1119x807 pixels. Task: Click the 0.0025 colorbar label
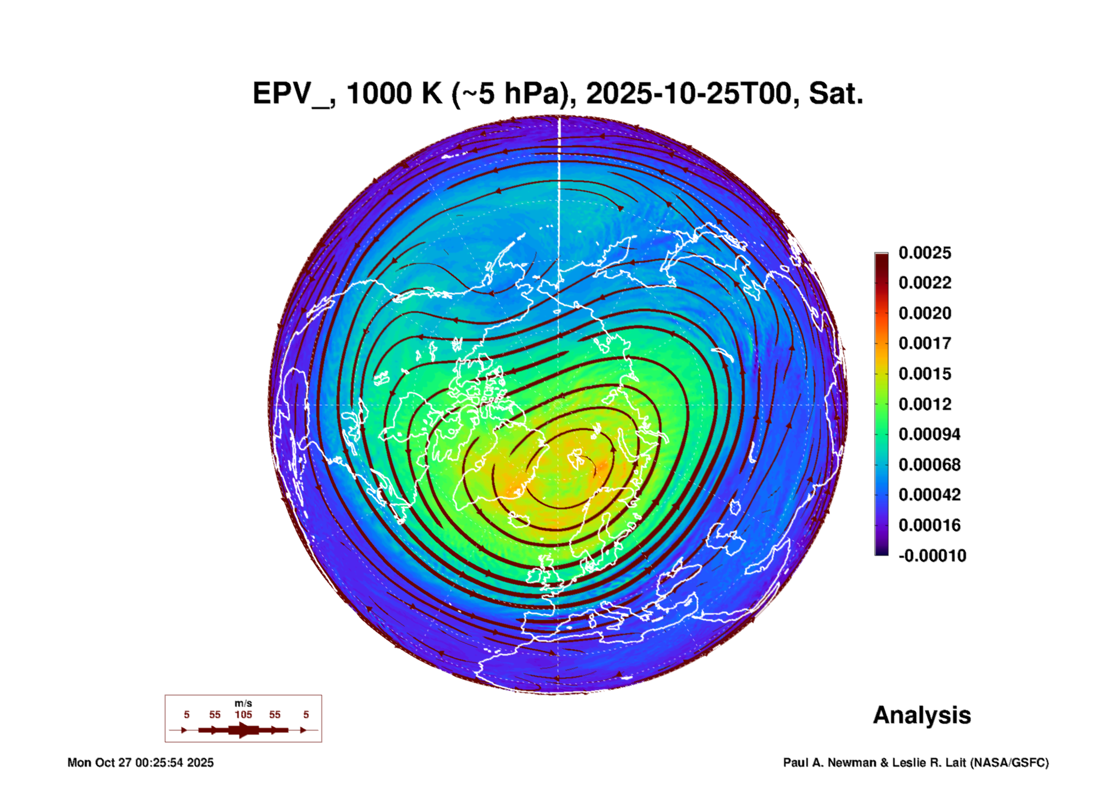point(925,253)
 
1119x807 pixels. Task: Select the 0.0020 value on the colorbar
point(925,313)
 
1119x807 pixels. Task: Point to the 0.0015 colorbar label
point(925,374)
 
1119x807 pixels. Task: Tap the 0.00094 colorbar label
point(929,434)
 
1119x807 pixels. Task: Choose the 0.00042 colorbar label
point(929,495)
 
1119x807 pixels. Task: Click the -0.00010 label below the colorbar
point(932,556)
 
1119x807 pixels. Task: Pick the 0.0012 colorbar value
point(925,404)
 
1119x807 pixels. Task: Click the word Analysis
point(922,715)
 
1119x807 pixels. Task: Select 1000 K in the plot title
point(394,94)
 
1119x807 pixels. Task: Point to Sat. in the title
point(836,94)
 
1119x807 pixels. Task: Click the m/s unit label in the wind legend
point(243,704)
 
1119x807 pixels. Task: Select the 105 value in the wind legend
point(243,714)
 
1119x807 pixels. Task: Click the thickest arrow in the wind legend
point(243,730)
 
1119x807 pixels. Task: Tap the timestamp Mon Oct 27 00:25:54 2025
point(141,763)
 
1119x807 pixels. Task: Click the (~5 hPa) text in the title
point(515,94)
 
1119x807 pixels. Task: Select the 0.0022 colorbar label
point(925,283)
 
